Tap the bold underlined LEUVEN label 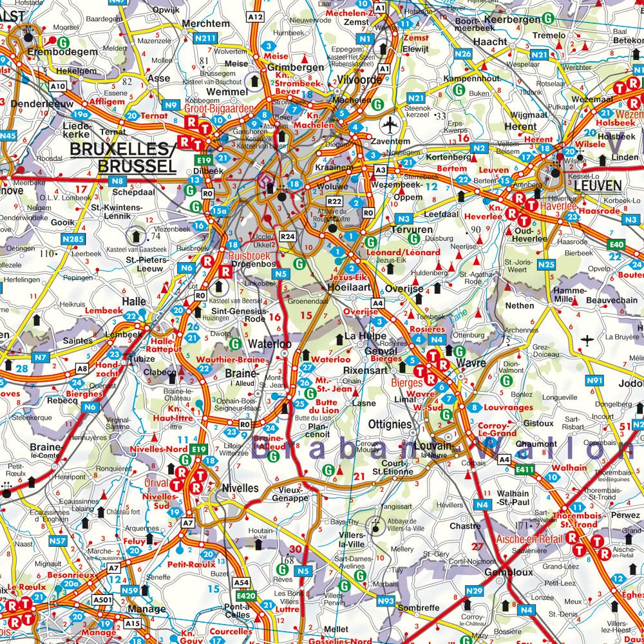598,186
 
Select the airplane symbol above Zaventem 390,124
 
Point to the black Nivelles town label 240,488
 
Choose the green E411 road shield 526,471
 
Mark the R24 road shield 287,237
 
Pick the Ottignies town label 390,424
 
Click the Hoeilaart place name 352,290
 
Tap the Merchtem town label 206,23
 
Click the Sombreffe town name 418,608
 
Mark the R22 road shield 333,202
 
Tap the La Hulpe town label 365,336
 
